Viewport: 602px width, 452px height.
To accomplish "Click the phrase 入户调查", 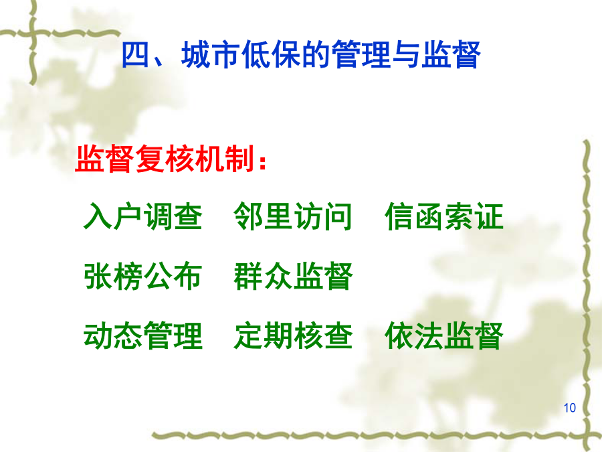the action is click(143, 216).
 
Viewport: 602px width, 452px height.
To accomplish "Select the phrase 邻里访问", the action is click(293, 216).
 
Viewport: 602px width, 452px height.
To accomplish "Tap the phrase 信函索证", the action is click(444, 216).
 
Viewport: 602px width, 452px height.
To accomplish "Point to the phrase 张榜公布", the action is click(143, 277).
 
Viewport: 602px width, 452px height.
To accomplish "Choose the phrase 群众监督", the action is click(293, 277).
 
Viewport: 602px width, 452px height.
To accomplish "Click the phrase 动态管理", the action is click(143, 336).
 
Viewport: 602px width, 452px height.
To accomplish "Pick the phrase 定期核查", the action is click(293, 336).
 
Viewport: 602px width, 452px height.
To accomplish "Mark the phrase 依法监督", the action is click(444, 336).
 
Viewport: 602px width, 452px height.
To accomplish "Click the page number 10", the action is click(570, 408).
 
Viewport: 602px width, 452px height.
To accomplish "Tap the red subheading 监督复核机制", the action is click(165, 158).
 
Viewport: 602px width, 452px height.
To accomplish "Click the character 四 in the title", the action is click(135, 55).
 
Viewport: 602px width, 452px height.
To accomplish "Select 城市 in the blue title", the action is click(211, 55).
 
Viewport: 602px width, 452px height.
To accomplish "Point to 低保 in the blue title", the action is click(272, 55).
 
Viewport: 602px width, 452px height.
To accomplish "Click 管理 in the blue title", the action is click(361, 55).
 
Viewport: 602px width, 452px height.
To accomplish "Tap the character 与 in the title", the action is click(406, 55).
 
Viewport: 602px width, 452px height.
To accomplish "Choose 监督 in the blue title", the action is click(451, 55).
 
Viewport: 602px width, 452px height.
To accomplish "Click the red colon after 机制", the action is click(263, 162).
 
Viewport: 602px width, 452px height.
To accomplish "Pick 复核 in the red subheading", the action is click(165, 158).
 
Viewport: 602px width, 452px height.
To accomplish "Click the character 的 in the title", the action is click(316, 55).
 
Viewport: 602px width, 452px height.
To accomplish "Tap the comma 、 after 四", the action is click(161, 62).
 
